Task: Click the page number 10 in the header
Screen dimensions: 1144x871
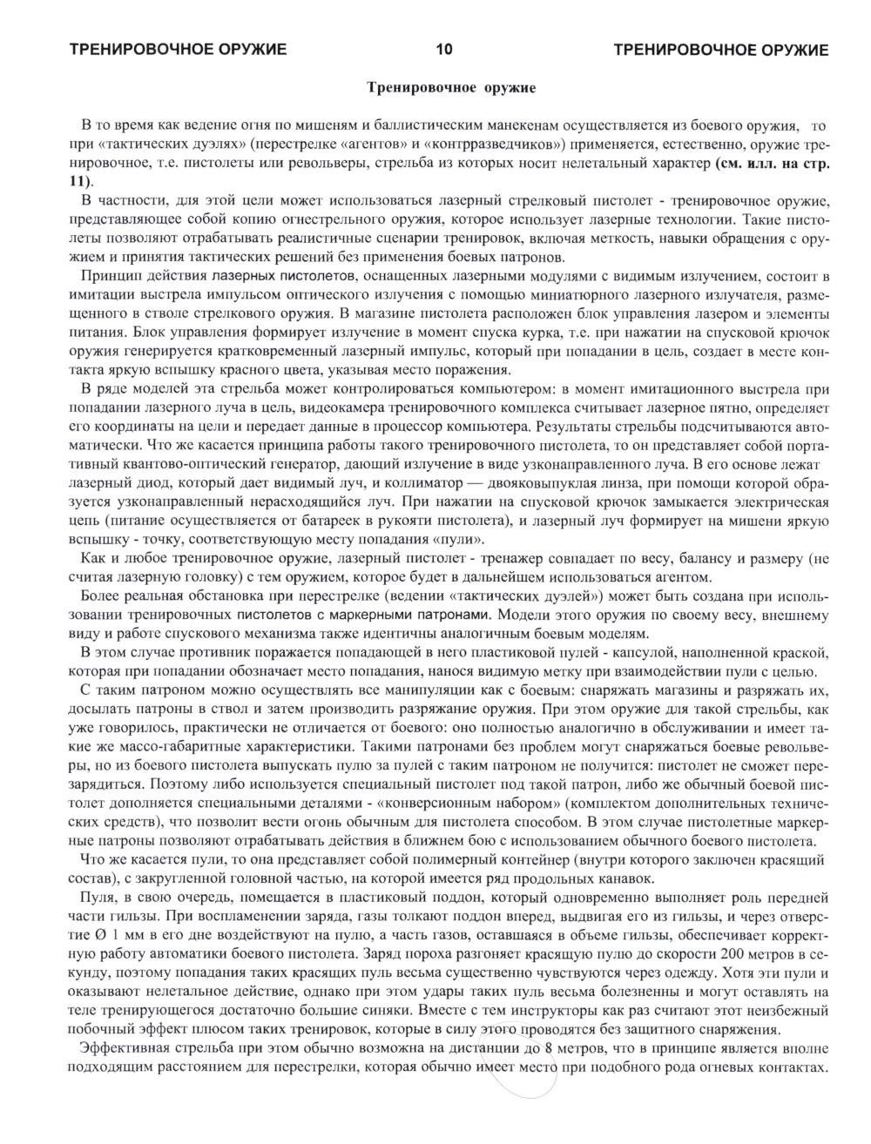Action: coord(443,50)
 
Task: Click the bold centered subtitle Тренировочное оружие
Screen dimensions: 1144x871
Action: coord(450,88)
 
